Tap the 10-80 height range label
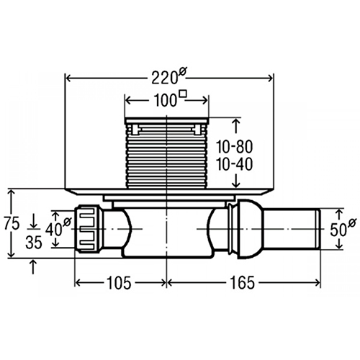(x=235, y=147)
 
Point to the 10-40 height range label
(x=235, y=164)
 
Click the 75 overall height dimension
(x=12, y=224)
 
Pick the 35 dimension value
(x=34, y=243)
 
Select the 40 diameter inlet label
(x=53, y=230)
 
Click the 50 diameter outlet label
(x=338, y=230)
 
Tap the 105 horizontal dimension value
(x=119, y=283)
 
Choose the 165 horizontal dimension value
(x=242, y=283)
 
